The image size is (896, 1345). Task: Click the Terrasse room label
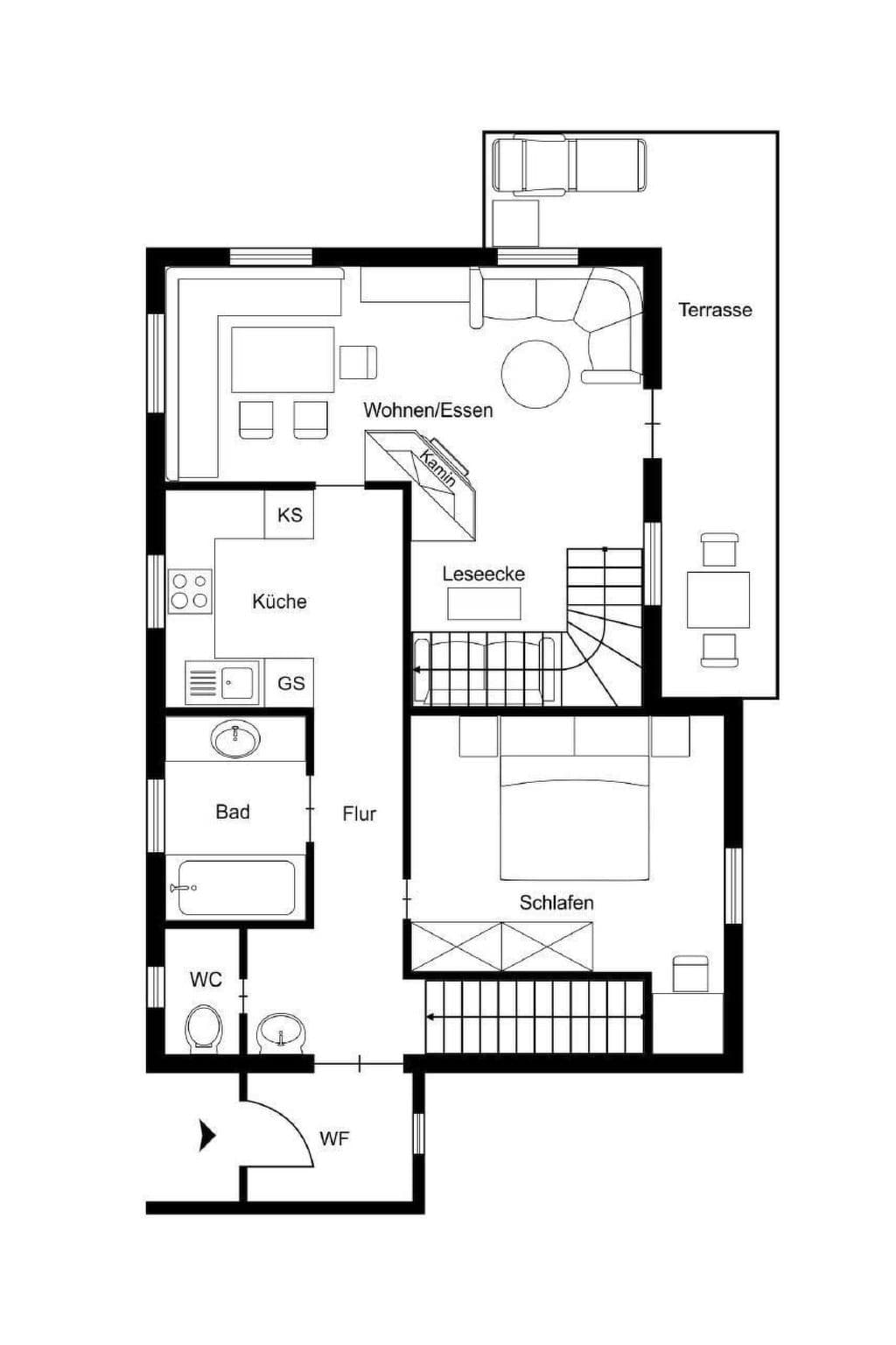tap(715, 310)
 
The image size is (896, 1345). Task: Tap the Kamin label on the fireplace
tap(437, 468)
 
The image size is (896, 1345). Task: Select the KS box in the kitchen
tap(290, 515)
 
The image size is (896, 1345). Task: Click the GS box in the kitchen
tap(290, 683)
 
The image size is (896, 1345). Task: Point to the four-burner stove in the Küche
tap(190, 591)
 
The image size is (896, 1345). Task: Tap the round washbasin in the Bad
tap(236, 738)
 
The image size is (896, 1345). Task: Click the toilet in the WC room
tap(204, 1029)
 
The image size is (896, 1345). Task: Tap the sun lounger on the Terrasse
tap(569, 165)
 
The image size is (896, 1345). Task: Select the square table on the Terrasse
tap(718, 600)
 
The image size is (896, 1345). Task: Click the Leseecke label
tap(484, 574)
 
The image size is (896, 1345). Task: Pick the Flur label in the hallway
tap(360, 814)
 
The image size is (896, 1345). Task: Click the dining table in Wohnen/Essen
tap(283, 360)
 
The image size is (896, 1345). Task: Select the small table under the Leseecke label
tap(484, 603)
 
